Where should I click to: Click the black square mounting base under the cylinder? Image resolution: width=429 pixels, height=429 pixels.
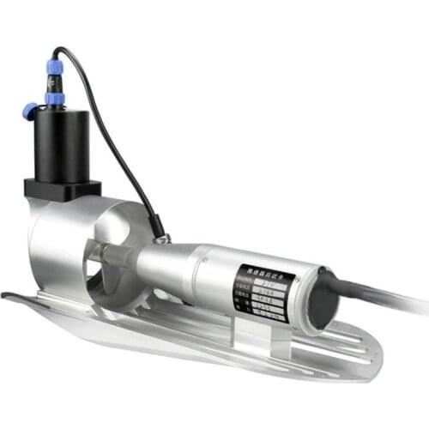(x=62, y=189)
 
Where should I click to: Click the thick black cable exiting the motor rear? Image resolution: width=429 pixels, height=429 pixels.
(x=386, y=297)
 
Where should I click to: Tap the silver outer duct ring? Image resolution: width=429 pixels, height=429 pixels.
(x=51, y=249)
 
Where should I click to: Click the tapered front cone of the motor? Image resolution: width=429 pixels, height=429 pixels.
(x=163, y=262)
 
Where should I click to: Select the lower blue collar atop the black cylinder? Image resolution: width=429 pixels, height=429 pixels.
(x=57, y=98)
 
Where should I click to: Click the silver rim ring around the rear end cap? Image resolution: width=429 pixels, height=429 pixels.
(x=305, y=300)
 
